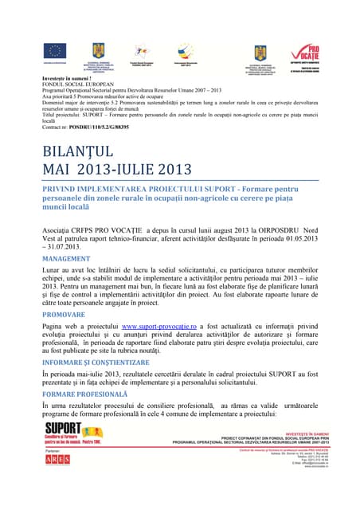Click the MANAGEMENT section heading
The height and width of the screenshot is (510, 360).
67,259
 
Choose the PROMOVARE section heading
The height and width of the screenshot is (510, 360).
64,315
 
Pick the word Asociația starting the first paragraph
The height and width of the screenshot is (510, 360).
59,228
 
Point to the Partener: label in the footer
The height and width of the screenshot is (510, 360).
54,451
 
